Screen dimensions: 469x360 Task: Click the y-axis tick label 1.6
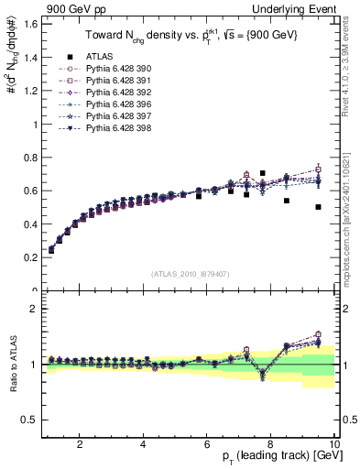point(29,25)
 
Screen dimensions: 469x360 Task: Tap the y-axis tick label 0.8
point(29,158)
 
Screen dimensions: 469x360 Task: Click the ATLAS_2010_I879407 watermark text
point(190,272)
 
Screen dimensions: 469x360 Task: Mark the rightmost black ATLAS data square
point(318,207)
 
